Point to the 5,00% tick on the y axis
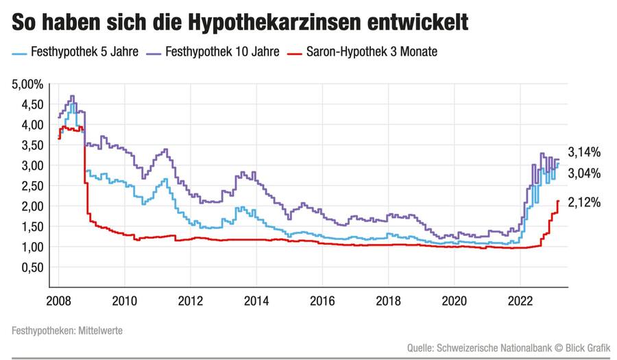(28, 84)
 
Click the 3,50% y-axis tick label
(28, 145)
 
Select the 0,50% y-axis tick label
(28, 267)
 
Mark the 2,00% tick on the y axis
(28, 206)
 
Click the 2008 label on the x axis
(58, 301)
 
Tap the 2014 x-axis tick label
(256, 301)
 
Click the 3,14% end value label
(584, 153)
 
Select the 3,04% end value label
(584, 173)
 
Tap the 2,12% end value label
(584, 202)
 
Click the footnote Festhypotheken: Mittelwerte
(66, 331)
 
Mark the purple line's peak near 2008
(72, 96)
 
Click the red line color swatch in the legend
(295, 51)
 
